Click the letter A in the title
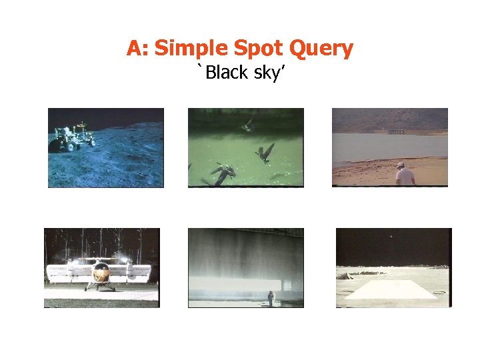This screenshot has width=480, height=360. pyautogui.click(x=134, y=49)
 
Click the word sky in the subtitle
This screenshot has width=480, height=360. pyautogui.click(x=269, y=73)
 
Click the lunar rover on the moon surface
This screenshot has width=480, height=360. pyautogui.click(x=69, y=138)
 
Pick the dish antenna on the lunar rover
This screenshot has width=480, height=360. pyautogui.click(x=81, y=125)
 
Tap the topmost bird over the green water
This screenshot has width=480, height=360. pyautogui.click(x=249, y=123)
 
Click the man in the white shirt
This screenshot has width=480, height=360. pyautogui.click(x=404, y=175)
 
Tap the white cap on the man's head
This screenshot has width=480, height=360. pyautogui.click(x=400, y=164)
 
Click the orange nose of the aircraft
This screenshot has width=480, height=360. pyautogui.click(x=101, y=272)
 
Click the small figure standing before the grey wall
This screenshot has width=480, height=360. pyautogui.click(x=270, y=297)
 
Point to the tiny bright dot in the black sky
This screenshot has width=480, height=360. pyautogui.click(x=391, y=236)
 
